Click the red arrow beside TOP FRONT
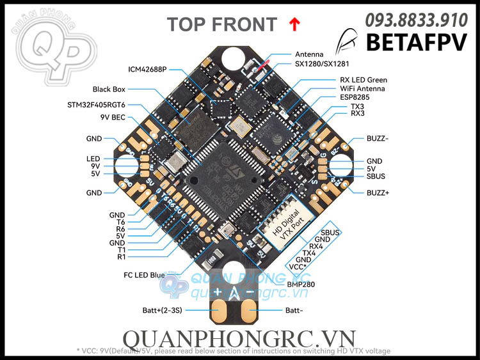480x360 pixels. pyautogui.click(x=294, y=24)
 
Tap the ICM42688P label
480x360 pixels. pyautogui.click(x=147, y=68)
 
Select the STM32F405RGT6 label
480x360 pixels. pyautogui.click(x=96, y=104)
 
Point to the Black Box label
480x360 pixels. pyautogui.click(x=111, y=90)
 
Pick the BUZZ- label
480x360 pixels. pyautogui.click(x=378, y=138)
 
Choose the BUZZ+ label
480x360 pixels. pyautogui.click(x=378, y=192)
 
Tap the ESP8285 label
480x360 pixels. pyautogui.click(x=355, y=97)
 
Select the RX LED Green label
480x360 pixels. pyautogui.click(x=364, y=80)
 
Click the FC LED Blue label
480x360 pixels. pyautogui.click(x=145, y=275)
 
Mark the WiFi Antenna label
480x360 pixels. pyautogui.click(x=362, y=88)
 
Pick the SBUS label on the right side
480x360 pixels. pyautogui.click(x=376, y=176)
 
